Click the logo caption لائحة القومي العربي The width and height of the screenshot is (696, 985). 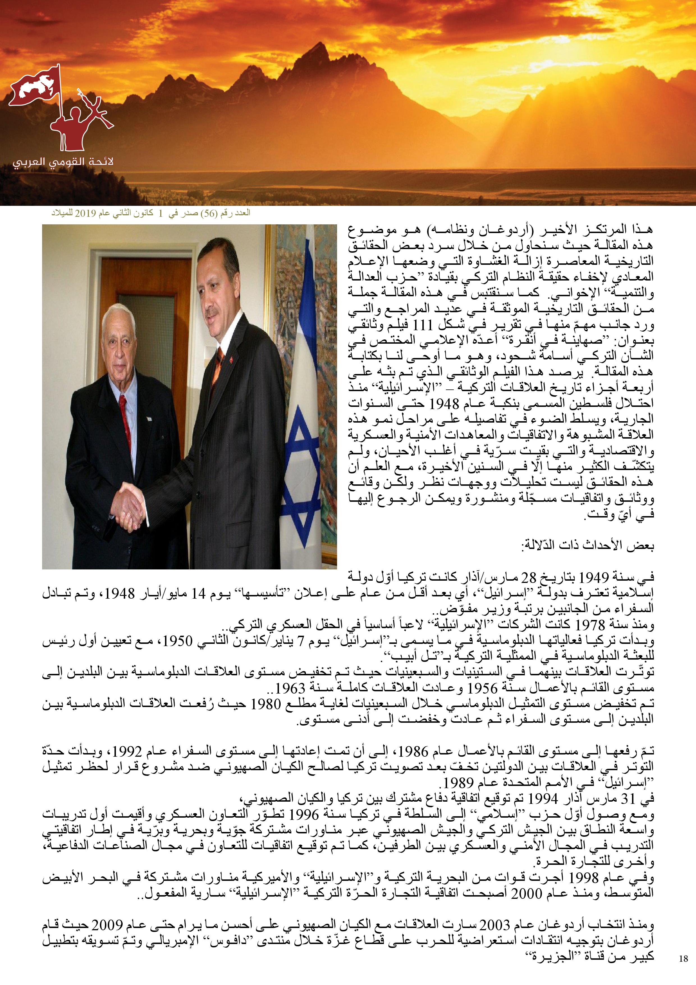coord(62,163)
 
